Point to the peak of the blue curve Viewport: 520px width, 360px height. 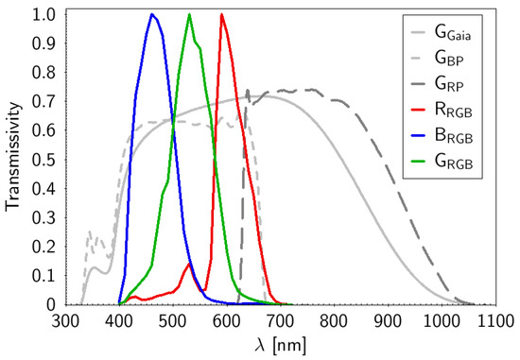151,14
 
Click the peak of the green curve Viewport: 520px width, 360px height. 189,14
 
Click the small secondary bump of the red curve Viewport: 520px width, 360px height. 189,265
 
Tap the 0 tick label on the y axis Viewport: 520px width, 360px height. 49,305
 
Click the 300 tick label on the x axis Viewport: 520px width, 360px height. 65,320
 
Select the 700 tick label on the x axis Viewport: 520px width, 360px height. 280,320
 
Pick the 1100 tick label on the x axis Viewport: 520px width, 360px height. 494,320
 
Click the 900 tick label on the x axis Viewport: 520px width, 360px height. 388,320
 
